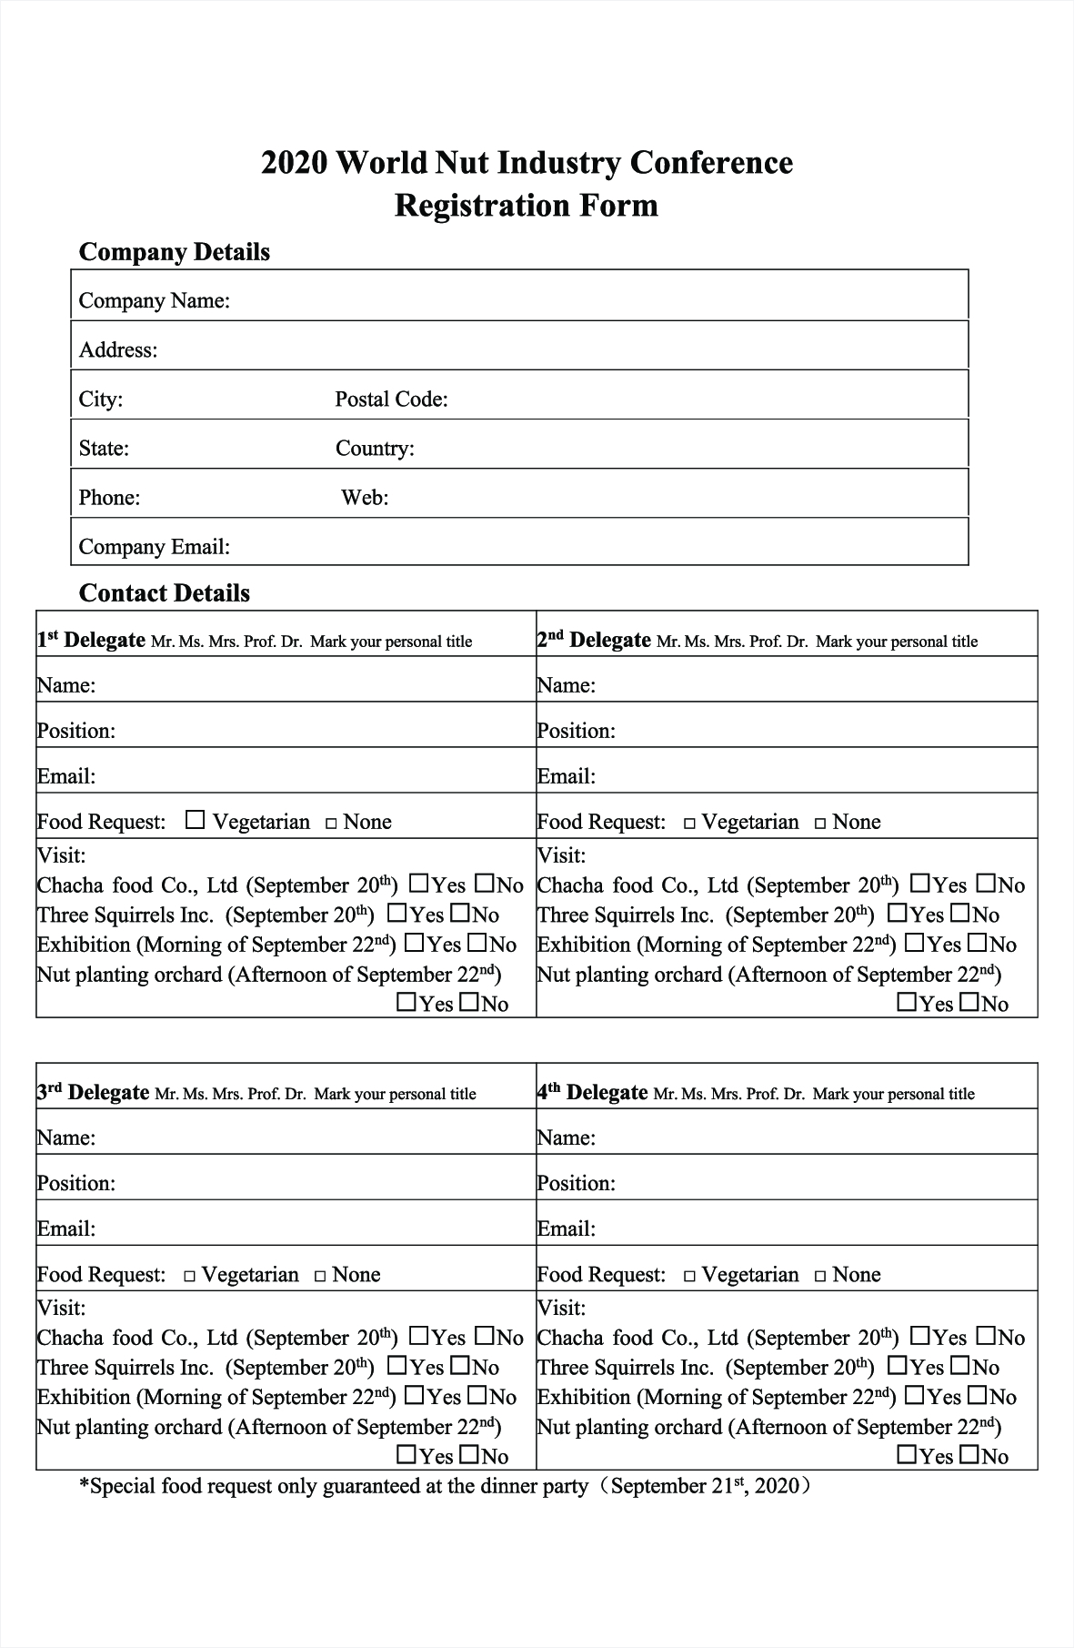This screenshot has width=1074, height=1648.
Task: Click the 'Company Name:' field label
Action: (154, 301)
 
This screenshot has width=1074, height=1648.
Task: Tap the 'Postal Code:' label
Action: (391, 399)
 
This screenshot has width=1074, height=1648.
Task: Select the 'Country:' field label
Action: (375, 449)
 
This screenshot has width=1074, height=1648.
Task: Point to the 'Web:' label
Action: (365, 498)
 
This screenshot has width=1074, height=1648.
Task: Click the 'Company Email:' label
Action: (154, 547)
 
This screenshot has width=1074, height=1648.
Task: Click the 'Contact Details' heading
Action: (164, 593)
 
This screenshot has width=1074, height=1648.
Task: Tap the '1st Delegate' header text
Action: (91, 641)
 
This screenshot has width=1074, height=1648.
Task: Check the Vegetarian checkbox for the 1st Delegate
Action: (195, 821)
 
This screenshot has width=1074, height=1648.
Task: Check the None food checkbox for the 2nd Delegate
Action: (820, 824)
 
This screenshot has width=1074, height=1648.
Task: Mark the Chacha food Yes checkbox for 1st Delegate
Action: (419, 883)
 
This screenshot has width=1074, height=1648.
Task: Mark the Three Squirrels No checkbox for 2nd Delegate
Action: (960, 913)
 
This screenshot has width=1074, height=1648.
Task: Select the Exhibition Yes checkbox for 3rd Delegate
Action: (414, 1395)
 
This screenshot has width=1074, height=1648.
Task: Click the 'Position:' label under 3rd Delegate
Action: (75, 1183)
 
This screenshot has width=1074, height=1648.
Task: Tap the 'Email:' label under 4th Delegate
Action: (566, 1228)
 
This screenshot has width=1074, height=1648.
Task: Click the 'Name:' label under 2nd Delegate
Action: (566, 685)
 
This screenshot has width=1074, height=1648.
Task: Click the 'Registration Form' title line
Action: (526, 205)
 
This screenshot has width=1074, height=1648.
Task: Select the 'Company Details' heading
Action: (174, 252)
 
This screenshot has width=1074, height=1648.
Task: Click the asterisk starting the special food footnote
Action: (85, 1485)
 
